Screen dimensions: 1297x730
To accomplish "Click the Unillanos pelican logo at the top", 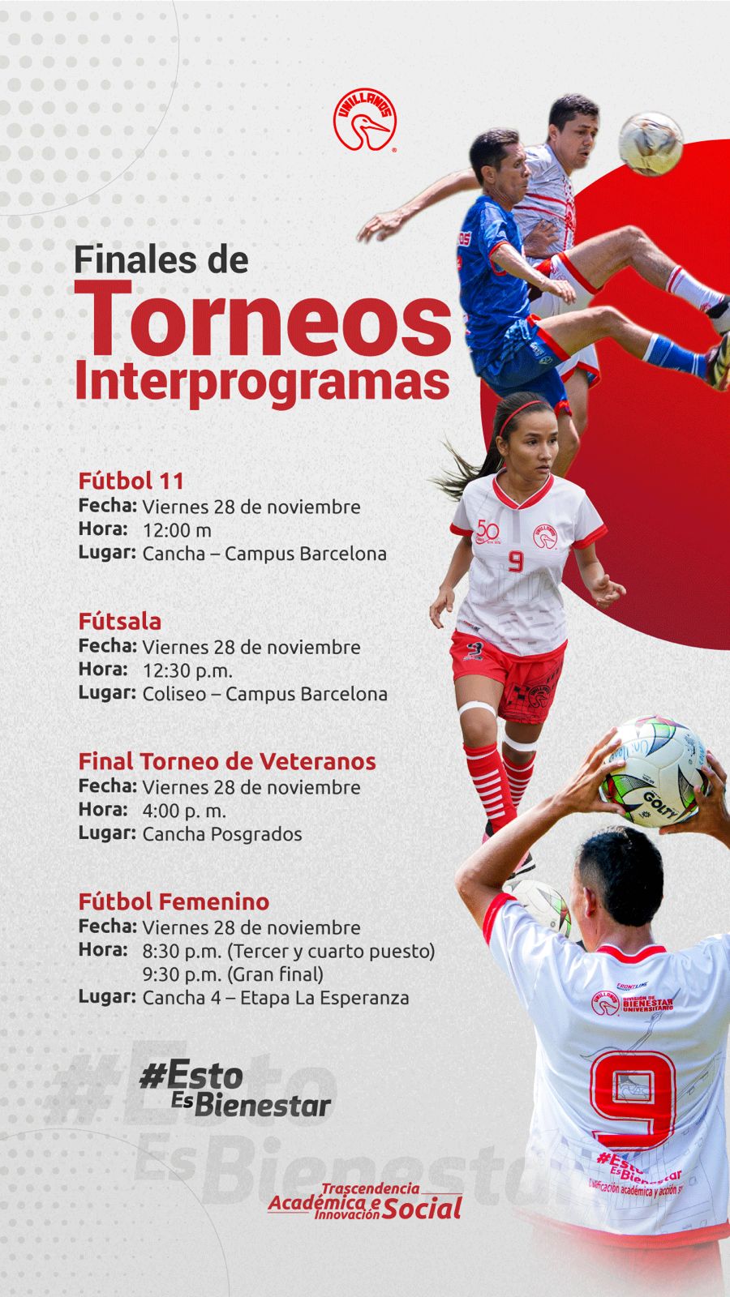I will [364, 120].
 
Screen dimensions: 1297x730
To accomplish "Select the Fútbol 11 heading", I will [131, 481].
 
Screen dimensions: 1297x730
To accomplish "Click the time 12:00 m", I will [177, 530].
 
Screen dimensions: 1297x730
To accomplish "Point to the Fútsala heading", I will [120, 622].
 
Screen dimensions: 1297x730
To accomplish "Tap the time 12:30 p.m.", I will [187, 670].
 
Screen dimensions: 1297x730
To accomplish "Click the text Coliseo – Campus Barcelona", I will [264, 694].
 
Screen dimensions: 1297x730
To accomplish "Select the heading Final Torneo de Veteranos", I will [227, 761].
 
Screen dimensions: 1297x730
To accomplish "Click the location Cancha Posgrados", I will [221, 834].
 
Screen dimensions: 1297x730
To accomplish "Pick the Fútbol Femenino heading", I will [174, 901].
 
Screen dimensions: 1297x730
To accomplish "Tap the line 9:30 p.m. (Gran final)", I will [233, 974].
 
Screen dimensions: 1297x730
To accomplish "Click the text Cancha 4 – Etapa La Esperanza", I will [275, 998].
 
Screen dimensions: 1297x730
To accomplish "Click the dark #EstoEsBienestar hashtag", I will [235, 1089].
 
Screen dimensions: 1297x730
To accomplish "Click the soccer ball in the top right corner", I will [651, 143].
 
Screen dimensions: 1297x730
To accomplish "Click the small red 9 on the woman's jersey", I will [516, 561].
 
